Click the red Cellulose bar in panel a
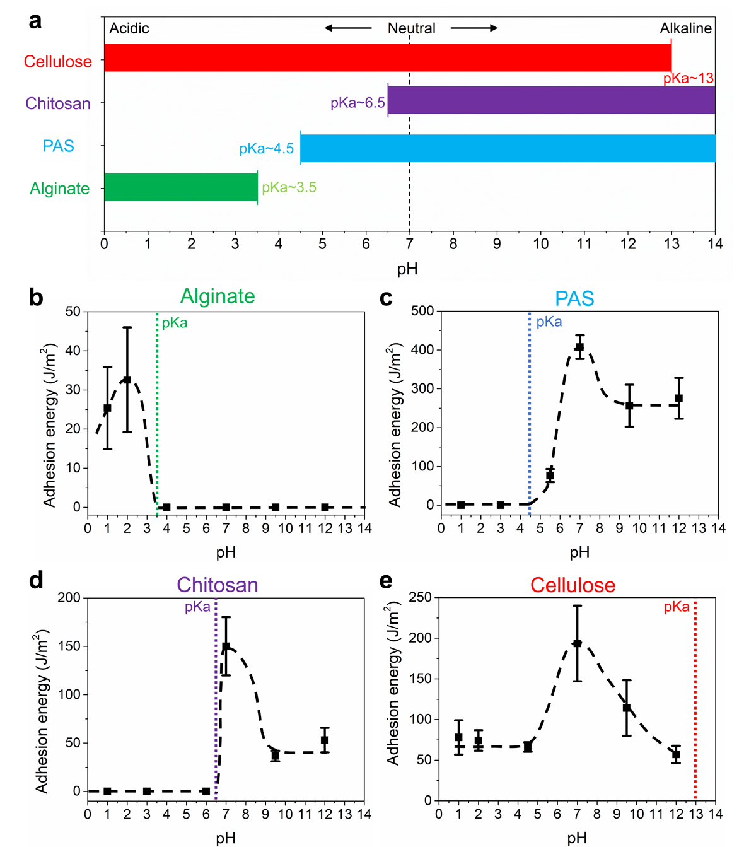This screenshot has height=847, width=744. [x=387, y=58]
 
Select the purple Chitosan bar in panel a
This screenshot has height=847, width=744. [x=551, y=100]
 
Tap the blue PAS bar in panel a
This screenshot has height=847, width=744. [x=508, y=148]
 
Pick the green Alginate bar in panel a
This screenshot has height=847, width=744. [x=180, y=187]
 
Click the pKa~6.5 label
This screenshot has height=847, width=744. [x=357, y=103]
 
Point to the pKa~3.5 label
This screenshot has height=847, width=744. [x=289, y=187]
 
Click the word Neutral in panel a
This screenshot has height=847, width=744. [x=411, y=28]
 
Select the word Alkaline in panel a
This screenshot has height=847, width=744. [x=685, y=28]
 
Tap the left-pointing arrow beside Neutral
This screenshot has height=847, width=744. [x=348, y=28]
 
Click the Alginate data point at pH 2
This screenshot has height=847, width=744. [x=127, y=380]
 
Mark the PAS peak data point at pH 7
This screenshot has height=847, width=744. [x=579, y=347]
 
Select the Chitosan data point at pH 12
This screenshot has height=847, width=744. [x=325, y=740]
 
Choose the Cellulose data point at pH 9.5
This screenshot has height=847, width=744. [x=627, y=708]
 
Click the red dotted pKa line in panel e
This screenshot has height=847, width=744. [x=695, y=700]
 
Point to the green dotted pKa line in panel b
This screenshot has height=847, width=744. [x=156, y=410]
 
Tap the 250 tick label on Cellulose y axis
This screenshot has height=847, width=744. [x=420, y=597]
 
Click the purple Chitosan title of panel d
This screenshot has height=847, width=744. [x=218, y=585]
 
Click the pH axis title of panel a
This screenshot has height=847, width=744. [x=408, y=269]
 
